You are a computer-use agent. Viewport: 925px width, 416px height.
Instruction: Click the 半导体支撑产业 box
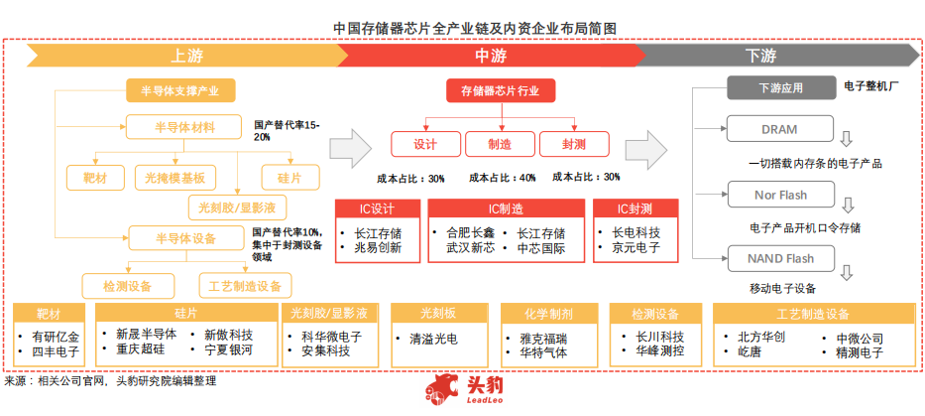(181, 91)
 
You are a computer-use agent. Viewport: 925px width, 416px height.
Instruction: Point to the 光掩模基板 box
(174, 178)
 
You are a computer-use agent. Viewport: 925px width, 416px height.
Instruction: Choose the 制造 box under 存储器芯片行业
(500, 144)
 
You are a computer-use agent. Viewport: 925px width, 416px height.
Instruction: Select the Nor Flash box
(780, 196)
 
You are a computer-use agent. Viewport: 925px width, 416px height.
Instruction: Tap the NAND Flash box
(780, 259)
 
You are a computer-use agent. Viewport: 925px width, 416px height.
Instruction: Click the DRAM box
(780, 129)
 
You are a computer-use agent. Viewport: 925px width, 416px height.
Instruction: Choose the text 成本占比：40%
(502, 178)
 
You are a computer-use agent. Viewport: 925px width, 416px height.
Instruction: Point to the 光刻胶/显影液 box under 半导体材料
(238, 207)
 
